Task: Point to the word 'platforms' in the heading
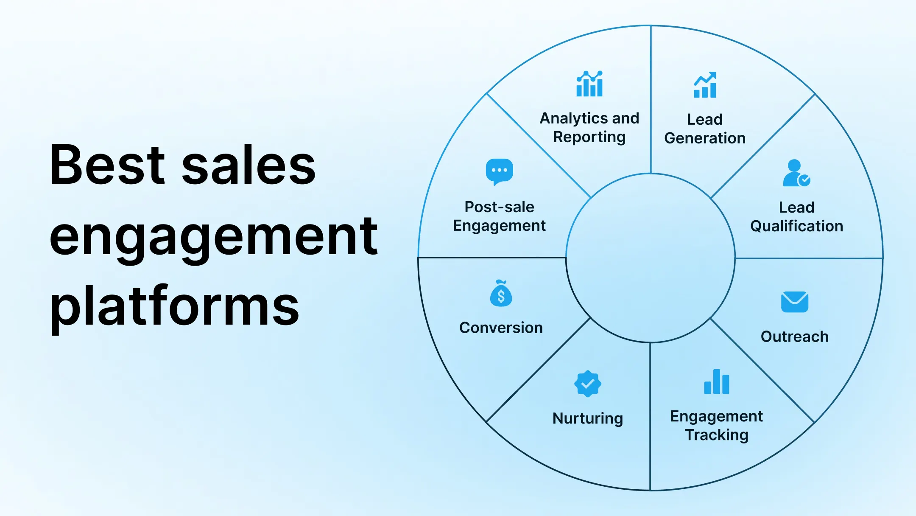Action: coord(174,306)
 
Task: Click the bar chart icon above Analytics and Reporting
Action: coord(589,84)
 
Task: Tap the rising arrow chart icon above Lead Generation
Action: coord(705,85)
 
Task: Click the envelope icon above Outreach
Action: coord(794,302)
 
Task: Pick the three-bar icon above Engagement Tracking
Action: coord(716,382)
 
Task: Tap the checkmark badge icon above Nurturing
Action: coord(587,384)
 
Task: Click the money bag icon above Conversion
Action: coord(501,294)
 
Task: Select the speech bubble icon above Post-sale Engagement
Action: coord(499,171)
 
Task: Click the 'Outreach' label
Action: coord(794,337)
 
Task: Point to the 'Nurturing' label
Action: coord(588,418)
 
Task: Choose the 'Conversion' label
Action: coord(501,328)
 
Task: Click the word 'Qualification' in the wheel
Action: coord(796,226)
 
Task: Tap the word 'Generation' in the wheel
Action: coord(705,138)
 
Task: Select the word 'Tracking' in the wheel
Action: coord(717,435)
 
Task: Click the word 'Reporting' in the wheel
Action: coord(589,137)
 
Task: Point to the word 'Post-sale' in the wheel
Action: coord(499,207)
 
